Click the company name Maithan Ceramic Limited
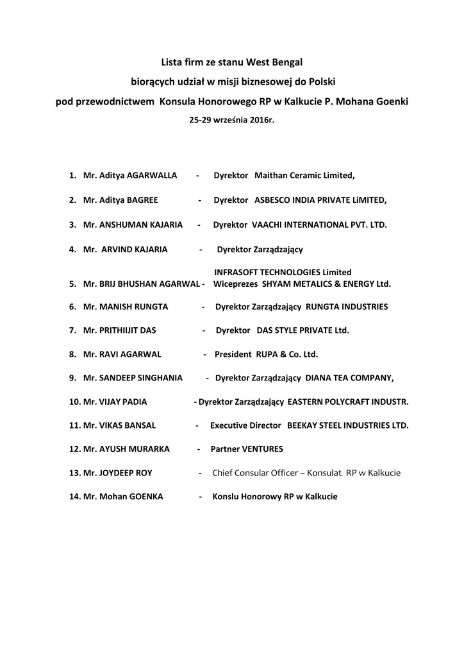(304, 175)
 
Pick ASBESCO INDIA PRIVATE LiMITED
(320, 200)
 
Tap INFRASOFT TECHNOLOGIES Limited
(283, 273)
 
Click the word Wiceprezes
(234, 284)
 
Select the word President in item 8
(233, 354)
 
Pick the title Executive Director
(245, 425)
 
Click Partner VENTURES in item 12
(247, 449)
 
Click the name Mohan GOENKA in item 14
(131, 497)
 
